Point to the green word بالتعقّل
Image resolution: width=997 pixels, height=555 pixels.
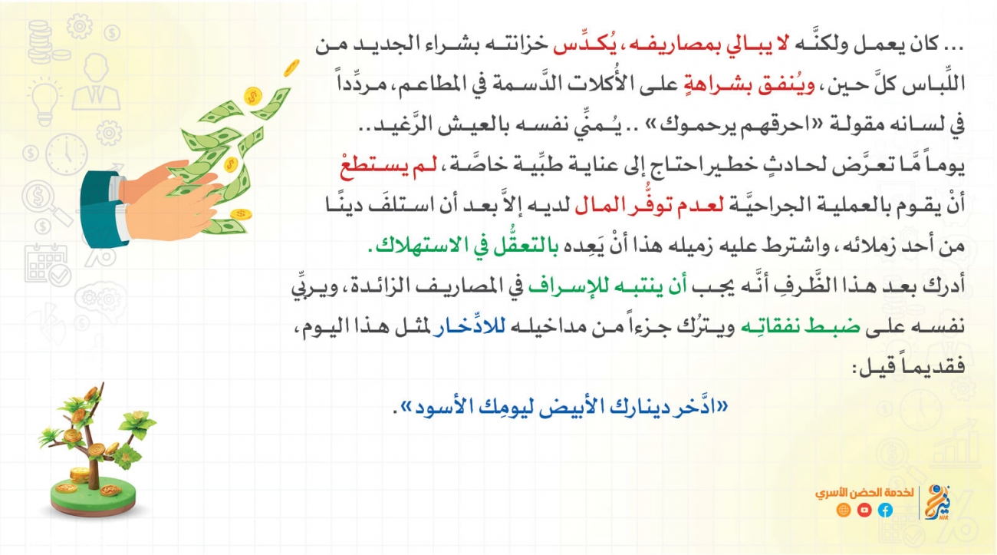pos(522,246)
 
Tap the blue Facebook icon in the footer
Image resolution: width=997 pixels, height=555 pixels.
pos(885,510)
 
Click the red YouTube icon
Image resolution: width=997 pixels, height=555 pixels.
pos(864,510)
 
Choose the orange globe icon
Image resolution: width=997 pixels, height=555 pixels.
pos(844,510)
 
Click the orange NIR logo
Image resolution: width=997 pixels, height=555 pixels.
pos(937,503)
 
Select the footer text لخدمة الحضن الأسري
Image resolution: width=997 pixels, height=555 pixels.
pos(864,492)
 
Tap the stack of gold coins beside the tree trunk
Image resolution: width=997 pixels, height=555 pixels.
pos(80,475)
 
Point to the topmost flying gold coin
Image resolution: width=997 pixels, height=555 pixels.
pos(291,68)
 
